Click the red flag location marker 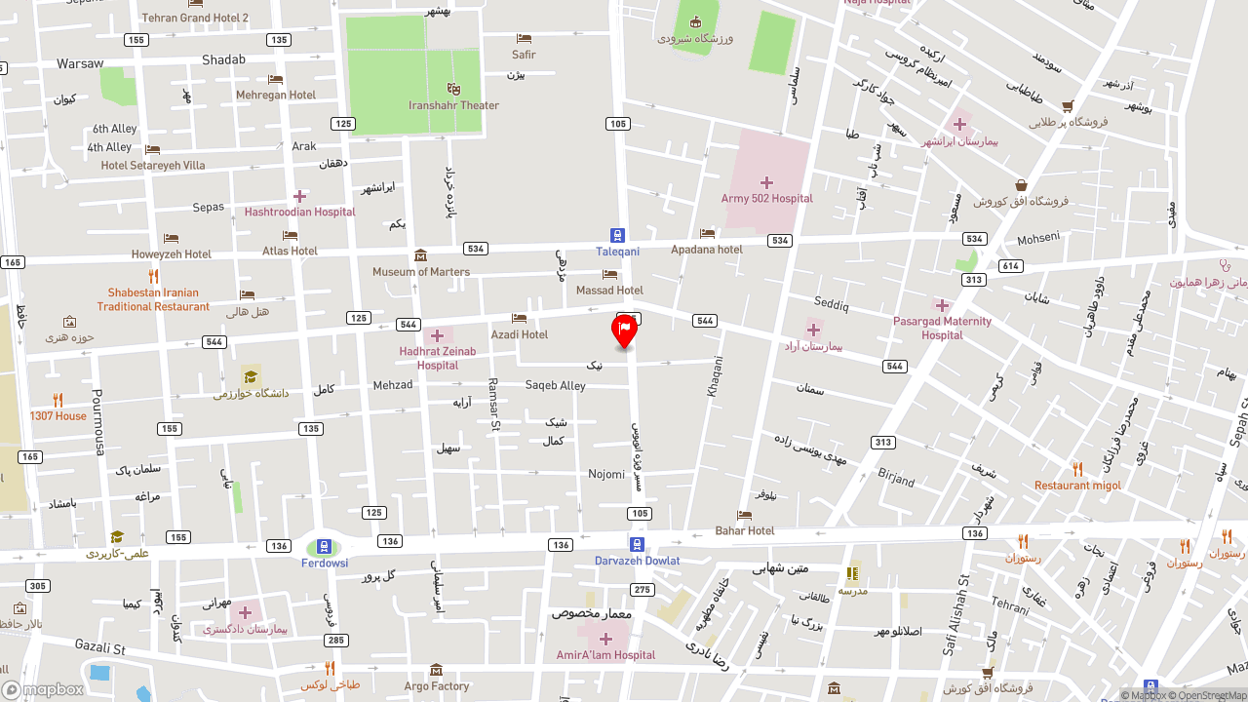tap(624, 331)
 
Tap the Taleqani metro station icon tap(617, 235)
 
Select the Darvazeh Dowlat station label tap(638, 561)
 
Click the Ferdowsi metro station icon tap(324, 547)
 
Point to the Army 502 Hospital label tap(766, 199)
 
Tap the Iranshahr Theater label tap(453, 105)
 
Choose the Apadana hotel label tap(707, 250)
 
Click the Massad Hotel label tap(609, 291)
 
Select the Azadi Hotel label tap(520, 334)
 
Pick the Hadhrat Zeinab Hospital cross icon tap(437, 336)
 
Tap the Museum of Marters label tap(421, 272)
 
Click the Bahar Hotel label tap(745, 530)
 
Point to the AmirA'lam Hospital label tap(606, 655)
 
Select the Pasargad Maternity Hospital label tap(942, 328)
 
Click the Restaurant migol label tap(1077, 486)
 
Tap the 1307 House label tap(58, 416)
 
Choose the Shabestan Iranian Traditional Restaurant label tap(153, 299)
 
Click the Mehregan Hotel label tap(276, 96)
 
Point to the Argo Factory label tap(437, 686)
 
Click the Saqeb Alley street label tap(556, 385)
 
